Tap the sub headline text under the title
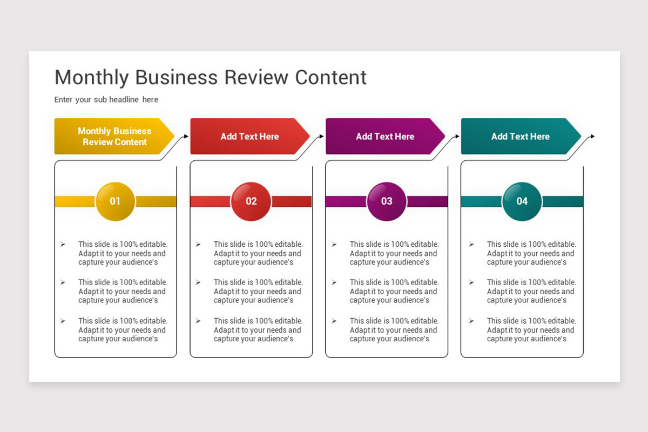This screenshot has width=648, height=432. (x=106, y=99)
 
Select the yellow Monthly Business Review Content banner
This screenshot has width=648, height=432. (x=114, y=137)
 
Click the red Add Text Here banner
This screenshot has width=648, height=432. (x=249, y=137)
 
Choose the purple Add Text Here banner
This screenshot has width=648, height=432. (x=385, y=137)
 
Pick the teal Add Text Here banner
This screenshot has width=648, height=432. (x=521, y=137)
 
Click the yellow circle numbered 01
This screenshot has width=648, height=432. (x=115, y=201)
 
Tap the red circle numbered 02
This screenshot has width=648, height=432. (x=251, y=201)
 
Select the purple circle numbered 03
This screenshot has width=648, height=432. (x=387, y=201)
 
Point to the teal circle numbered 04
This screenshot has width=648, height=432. (x=522, y=201)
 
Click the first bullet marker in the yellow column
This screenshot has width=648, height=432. (x=63, y=245)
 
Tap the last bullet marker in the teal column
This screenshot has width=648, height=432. (x=471, y=321)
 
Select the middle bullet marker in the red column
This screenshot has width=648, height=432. (x=199, y=282)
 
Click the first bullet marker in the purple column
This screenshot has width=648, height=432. (x=334, y=245)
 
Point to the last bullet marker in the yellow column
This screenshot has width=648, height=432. (x=63, y=321)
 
